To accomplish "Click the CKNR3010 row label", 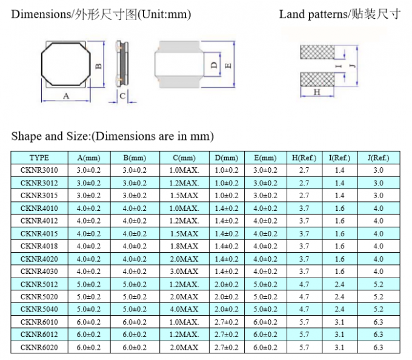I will [x=39, y=170].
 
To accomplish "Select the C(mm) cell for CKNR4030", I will [x=184, y=272].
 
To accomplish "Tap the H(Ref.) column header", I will [x=304, y=158].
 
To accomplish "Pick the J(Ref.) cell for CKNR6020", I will [x=378, y=347].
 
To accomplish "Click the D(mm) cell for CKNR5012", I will [x=227, y=284].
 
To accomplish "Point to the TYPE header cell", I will [x=39, y=158].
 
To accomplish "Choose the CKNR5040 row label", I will [x=39, y=310].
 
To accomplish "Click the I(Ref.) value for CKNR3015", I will [x=339, y=196].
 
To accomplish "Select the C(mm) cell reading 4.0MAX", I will [x=184, y=310].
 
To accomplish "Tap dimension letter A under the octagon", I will [x=66, y=96].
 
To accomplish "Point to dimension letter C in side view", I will [x=122, y=96].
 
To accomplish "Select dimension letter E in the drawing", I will [x=228, y=65].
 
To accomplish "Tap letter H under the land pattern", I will [x=316, y=92].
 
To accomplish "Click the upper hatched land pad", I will [x=317, y=53].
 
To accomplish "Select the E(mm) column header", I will [x=265, y=158].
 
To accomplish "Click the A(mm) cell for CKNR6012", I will [x=89, y=335].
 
